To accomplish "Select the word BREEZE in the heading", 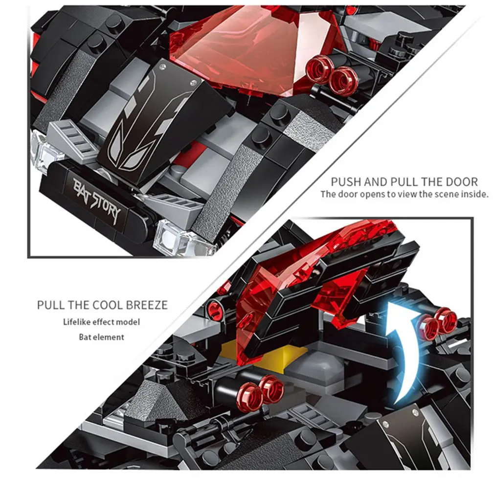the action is click(147, 305).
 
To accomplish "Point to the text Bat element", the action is click(101, 337).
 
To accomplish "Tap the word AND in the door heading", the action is click(376, 182).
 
